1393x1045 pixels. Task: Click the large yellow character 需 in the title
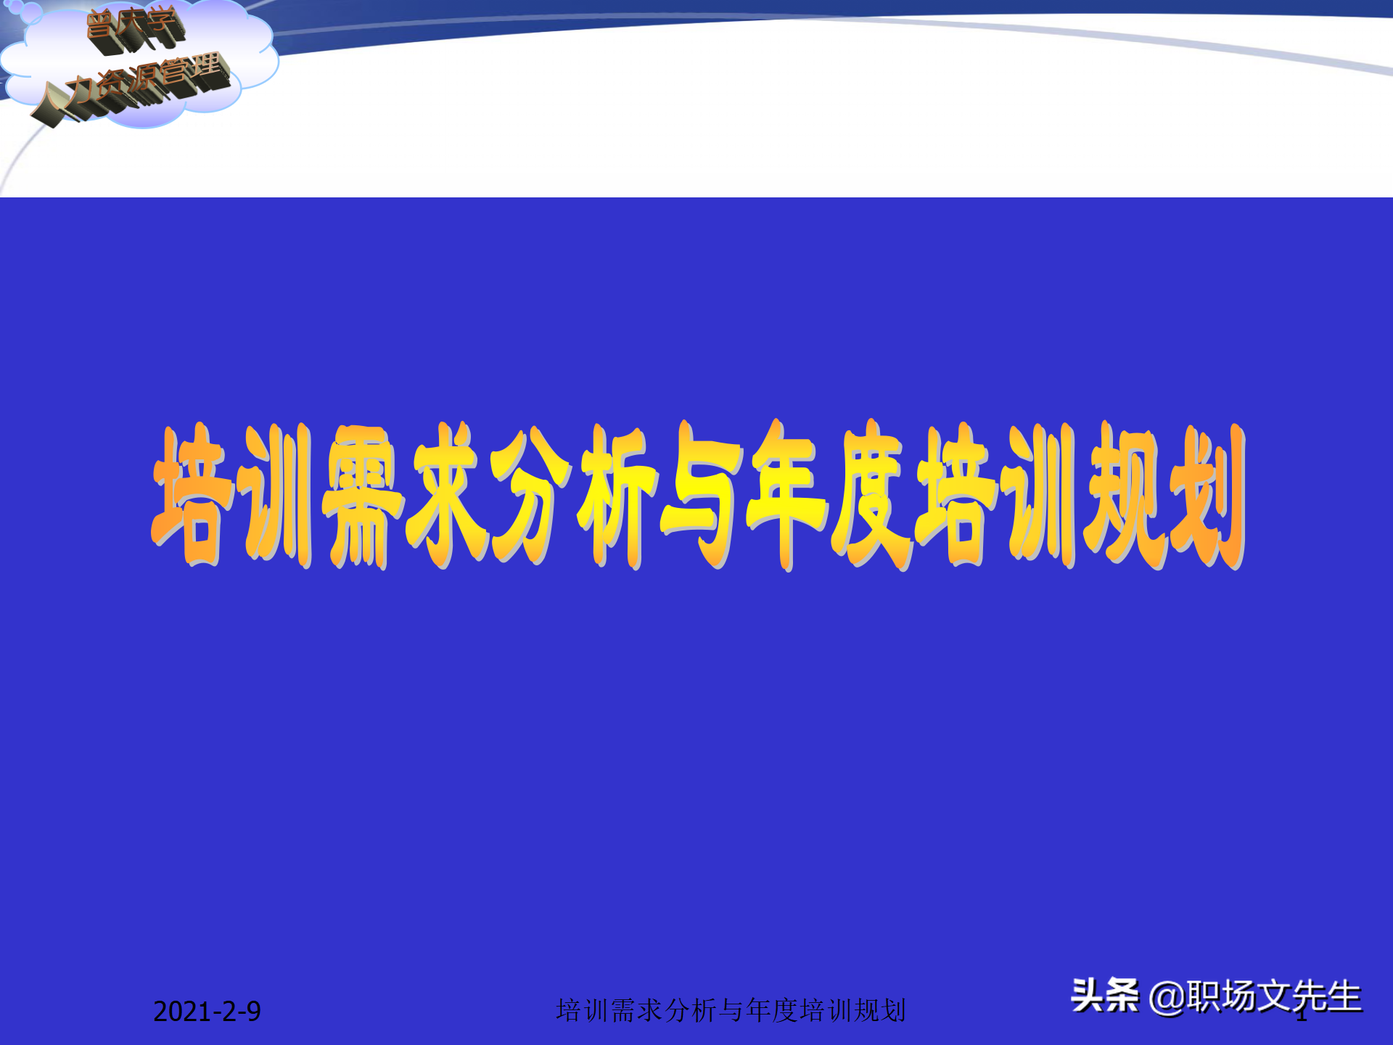tap(363, 496)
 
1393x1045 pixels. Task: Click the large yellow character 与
tap(700, 496)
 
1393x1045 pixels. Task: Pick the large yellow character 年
tap(787, 496)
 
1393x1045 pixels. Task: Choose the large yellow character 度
tap(871, 496)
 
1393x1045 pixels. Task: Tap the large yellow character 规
tap(1125, 496)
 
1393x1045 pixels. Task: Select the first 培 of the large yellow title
tap(192, 496)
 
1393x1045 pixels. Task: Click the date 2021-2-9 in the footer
tap(207, 1012)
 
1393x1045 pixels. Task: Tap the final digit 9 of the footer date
tap(253, 1012)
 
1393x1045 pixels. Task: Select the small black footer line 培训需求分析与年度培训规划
tap(731, 1010)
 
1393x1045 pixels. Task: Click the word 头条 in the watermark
tap(1104, 996)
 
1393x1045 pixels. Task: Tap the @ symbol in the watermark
tap(1167, 997)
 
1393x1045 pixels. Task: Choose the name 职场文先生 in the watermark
tap(1274, 996)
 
